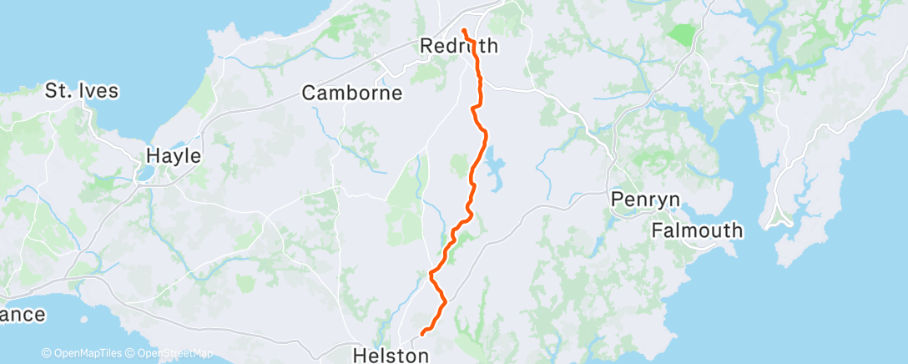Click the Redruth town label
(x=459, y=46)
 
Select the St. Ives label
(x=82, y=90)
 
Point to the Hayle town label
(x=174, y=154)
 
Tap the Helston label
(x=391, y=356)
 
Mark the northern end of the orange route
(x=463, y=32)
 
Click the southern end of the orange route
(x=423, y=333)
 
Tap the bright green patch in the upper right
(x=682, y=35)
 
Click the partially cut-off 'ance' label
(x=23, y=315)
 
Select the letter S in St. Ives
(x=52, y=90)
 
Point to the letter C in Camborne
(x=309, y=93)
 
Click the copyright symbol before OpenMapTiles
(x=46, y=354)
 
